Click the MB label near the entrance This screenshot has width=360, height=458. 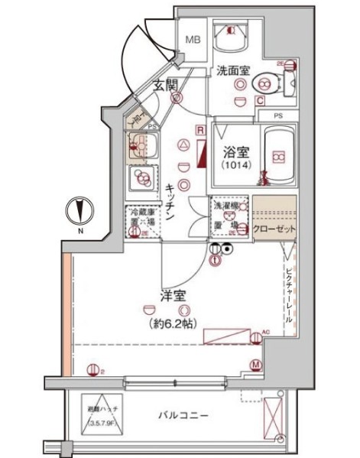click(192, 39)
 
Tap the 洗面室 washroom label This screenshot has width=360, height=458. click(232, 70)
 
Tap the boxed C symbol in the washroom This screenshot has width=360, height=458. click(260, 100)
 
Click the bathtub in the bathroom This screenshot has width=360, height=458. click(276, 158)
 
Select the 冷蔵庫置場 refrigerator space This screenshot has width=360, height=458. click(142, 221)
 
